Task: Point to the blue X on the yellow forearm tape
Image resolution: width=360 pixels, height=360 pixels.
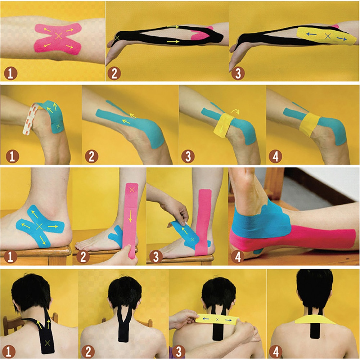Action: (x=327, y=36)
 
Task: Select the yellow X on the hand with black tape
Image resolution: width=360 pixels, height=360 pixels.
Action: (x=117, y=37)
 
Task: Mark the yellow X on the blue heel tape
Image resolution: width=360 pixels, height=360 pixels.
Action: (x=58, y=126)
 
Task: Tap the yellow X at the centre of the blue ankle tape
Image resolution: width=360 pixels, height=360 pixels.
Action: (x=40, y=226)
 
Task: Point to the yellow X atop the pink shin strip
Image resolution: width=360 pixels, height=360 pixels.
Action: (x=132, y=189)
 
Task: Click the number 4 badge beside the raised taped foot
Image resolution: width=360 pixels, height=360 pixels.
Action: (x=238, y=256)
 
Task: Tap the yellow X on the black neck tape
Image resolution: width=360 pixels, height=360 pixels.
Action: (x=46, y=341)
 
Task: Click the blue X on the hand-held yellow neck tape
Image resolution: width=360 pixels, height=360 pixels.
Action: (x=217, y=320)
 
